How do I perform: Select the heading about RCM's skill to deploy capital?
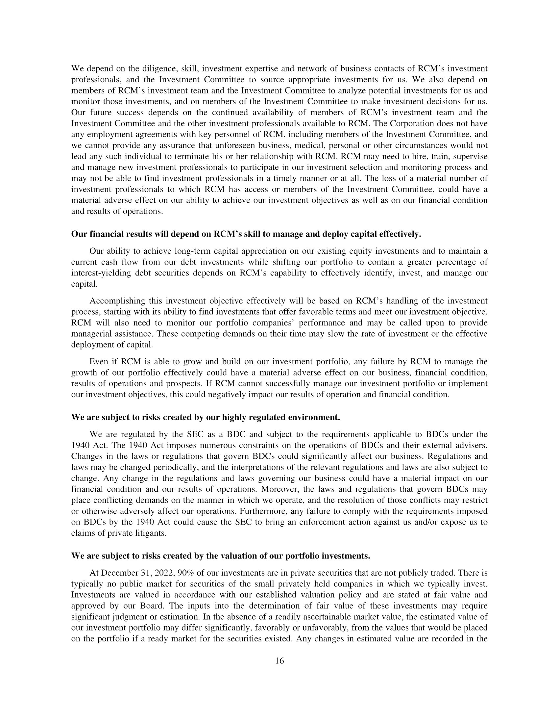246,234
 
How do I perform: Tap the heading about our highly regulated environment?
206,417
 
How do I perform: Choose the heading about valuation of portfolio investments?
221,556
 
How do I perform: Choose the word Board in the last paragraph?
152,606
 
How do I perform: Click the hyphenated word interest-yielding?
101,273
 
